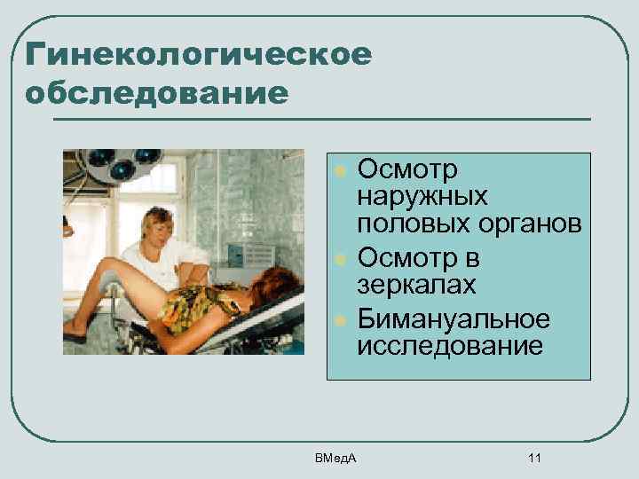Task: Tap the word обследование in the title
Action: (x=158, y=92)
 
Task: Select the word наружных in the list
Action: (x=422, y=195)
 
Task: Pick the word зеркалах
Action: (x=416, y=286)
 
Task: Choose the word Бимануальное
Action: (x=454, y=318)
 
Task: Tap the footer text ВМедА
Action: (x=334, y=458)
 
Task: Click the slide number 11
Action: (x=533, y=458)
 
